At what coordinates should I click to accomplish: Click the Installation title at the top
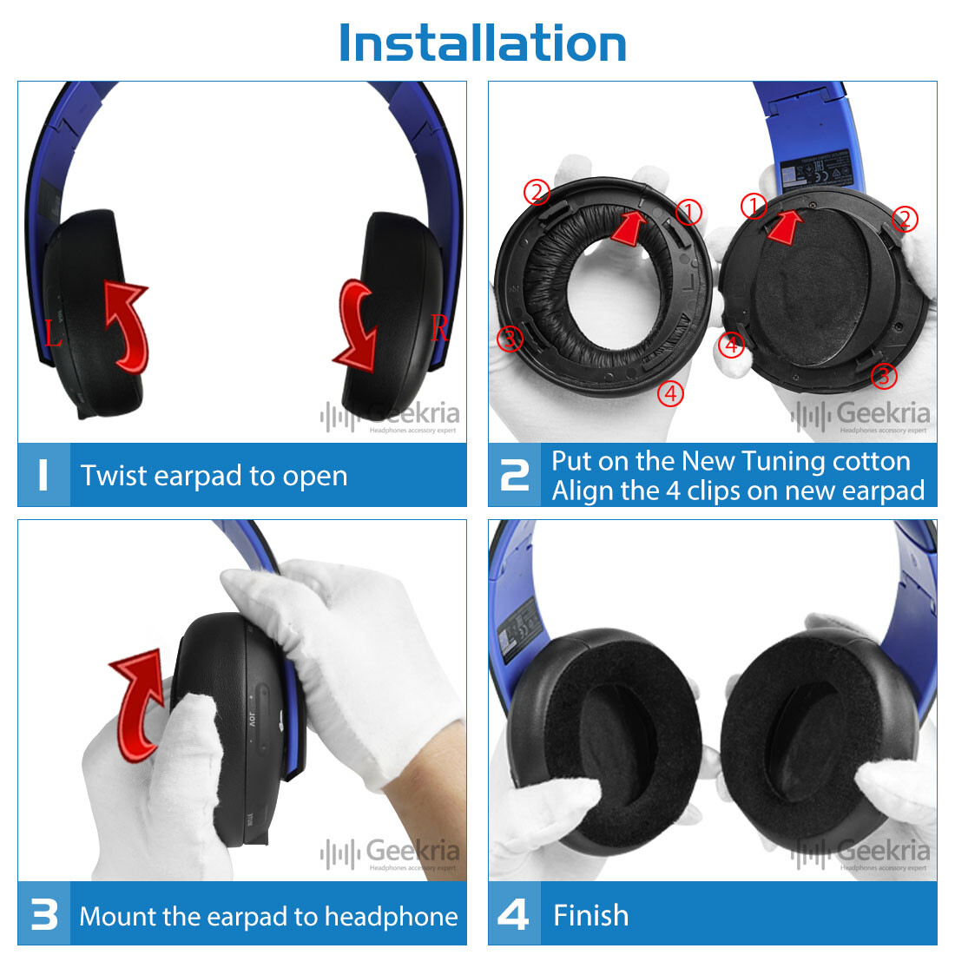tap(482, 43)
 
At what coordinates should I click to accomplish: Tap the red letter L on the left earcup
tap(54, 333)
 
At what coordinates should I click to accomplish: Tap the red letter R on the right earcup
tap(439, 328)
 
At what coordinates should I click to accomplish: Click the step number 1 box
tap(43, 475)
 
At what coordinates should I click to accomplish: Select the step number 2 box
tap(514, 475)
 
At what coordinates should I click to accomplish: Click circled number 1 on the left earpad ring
tap(688, 212)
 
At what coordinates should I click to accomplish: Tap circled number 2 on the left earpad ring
tap(537, 192)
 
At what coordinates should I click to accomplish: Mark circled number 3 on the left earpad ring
tap(510, 339)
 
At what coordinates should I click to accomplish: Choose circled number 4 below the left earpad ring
tap(670, 393)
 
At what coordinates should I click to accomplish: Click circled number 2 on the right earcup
tap(905, 219)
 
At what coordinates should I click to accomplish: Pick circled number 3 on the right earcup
tap(884, 376)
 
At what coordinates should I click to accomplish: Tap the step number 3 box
tap(43, 915)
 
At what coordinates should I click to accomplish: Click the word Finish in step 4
tap(590, 915)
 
